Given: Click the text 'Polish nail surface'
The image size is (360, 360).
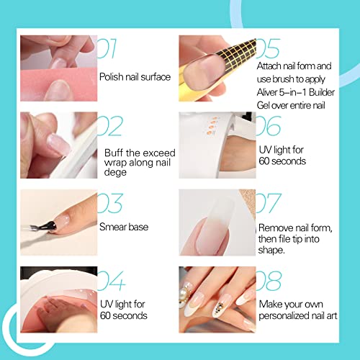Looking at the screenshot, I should coord(134,76).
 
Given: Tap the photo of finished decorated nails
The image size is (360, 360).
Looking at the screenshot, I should coord(215,297).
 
